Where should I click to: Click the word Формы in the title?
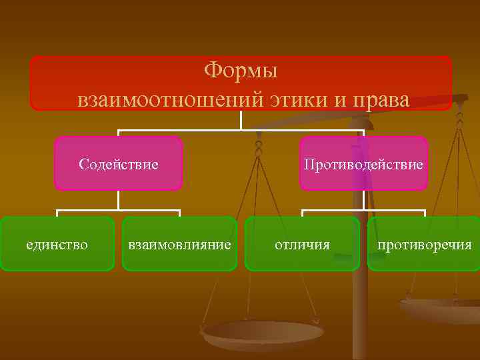241,69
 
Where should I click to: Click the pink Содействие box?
119,163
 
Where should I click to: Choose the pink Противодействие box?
363,163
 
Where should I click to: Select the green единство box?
57,244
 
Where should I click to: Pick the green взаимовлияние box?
179,244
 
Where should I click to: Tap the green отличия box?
302,244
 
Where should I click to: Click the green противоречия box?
424,244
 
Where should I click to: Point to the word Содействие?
119,164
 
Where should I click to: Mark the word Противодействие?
363,164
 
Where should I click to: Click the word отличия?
302,245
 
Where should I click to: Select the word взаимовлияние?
179,245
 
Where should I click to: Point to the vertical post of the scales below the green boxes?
360,313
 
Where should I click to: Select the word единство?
57,245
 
